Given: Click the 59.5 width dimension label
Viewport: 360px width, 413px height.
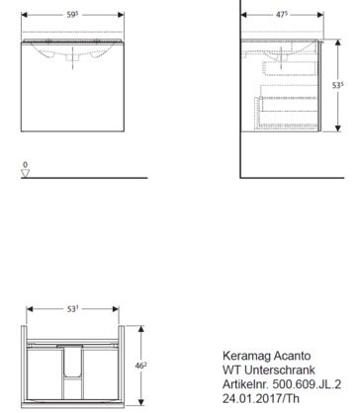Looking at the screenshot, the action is pos(72,15).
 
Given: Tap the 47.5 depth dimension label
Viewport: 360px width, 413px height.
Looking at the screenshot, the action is pos(282,15).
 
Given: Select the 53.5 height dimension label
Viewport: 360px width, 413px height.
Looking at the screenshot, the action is pos(337,85).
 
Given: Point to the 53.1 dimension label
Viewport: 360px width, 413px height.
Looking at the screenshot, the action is pos(73,309).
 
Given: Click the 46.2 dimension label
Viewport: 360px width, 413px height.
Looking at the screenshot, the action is pos(141,366).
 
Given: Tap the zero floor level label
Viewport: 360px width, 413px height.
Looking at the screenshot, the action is pos(26,164).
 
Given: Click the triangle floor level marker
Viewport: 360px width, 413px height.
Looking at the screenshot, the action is pos(26,173).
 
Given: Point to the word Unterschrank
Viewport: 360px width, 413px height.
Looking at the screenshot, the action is pos(280,370).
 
